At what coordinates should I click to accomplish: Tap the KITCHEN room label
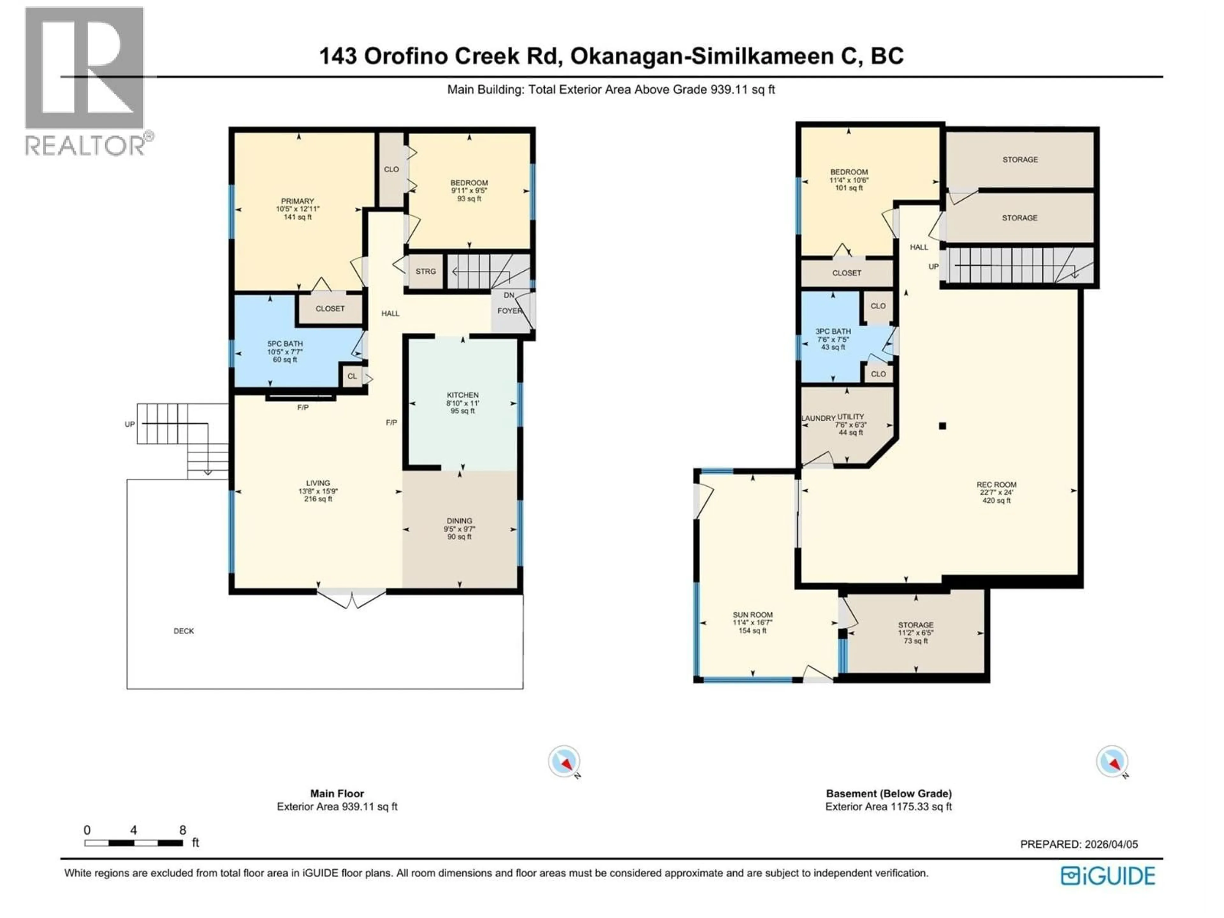coord(463,395)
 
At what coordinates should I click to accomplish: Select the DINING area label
coord(459,521)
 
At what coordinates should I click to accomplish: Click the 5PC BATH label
coord(285,344)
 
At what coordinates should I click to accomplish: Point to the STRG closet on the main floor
coord(426,271)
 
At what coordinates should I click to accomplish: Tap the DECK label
coord(184,631)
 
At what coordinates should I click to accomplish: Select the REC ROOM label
coord(996,485)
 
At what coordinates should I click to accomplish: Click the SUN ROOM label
coord(753,615)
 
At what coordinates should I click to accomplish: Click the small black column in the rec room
coord(942,426)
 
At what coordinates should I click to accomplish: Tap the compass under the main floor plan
coord(564,762)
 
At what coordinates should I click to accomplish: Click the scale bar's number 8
coord(183,830)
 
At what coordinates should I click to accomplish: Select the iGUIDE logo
coord(1108,876)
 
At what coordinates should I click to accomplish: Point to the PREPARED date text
coord(1079,844)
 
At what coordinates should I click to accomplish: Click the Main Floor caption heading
coord(337,793)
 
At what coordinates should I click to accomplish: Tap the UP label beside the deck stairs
coord(129,425)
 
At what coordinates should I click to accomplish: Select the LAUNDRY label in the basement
coord(818,418)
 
